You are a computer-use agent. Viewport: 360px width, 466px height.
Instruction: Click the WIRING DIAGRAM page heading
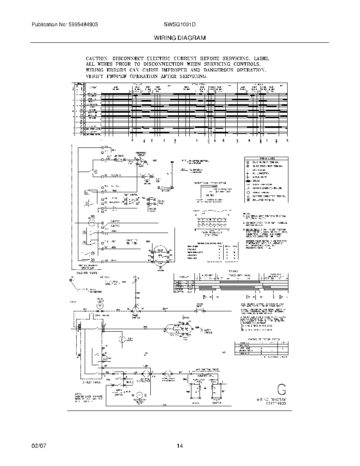pos(180,38)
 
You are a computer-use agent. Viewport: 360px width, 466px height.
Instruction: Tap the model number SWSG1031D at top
pos(180,25)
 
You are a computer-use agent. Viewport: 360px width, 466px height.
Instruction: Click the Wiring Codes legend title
pos(265,157)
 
